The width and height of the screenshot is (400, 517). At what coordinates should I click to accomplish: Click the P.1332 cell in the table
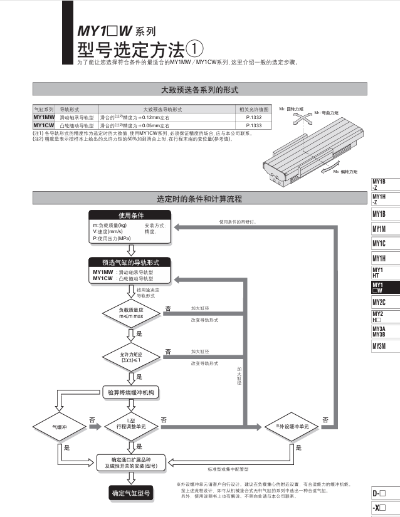coord(253,117)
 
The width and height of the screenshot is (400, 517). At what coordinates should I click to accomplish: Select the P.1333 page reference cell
coord(253,124)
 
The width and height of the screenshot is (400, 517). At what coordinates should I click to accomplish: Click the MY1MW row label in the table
coord(44,117)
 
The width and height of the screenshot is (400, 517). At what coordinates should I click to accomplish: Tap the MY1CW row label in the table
coord(44,124)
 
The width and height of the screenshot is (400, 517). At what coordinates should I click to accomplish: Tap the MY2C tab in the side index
coord(379,302)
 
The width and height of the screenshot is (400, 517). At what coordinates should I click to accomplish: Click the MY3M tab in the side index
coord(379,346)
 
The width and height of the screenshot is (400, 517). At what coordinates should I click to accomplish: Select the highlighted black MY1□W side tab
coord(379,288)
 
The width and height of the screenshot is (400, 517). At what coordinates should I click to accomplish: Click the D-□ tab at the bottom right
coord(379,493)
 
